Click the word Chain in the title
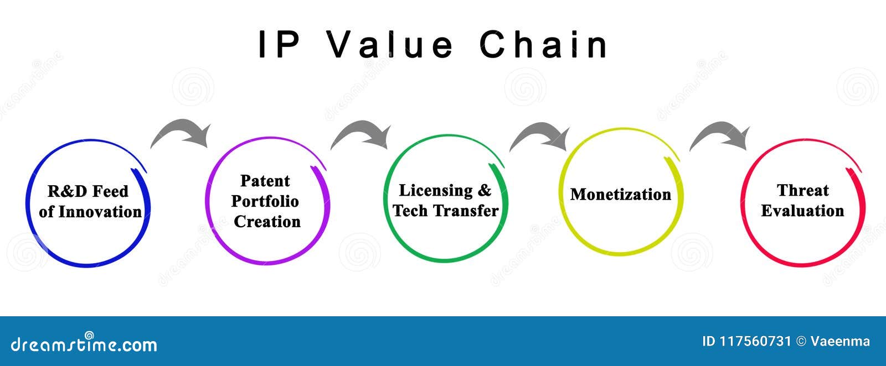pos(544,45)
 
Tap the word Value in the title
pos(390,45)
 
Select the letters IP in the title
pos(280,45)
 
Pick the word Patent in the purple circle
pos(265,181)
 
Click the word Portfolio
pos(265,201)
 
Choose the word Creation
pos(267,222)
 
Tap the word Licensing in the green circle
pos(436,190)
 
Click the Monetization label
pos(620,195)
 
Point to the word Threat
pos(802,190)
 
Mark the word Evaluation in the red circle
pos(802,211)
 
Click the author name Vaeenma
pos(840,342)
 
